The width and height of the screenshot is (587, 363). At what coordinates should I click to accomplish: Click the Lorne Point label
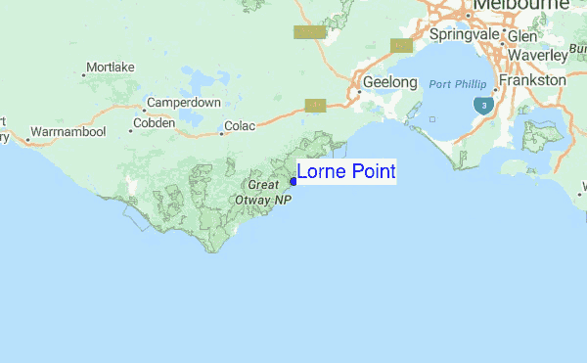click(345, 172)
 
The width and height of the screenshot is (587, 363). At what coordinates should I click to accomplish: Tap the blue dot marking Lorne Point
click(293, 181)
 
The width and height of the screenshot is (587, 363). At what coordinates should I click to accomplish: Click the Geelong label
click(389, 82)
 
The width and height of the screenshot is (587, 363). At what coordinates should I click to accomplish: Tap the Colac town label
click(240, 125)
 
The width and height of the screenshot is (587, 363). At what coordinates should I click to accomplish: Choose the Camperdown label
click(183, 103)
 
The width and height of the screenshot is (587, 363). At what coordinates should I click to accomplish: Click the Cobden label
click(154, 123)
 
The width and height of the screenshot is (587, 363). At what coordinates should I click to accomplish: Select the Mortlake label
click(110, 68)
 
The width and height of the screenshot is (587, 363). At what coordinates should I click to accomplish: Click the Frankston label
click(533, 80)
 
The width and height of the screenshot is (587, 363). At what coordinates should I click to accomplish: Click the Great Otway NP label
click(269, 192)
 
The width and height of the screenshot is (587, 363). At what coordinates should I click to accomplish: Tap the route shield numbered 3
click(481, 104)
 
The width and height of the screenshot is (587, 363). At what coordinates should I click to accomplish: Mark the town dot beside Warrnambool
click(26, 139)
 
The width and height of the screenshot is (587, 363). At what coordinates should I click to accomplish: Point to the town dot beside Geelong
click(357, 82)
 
